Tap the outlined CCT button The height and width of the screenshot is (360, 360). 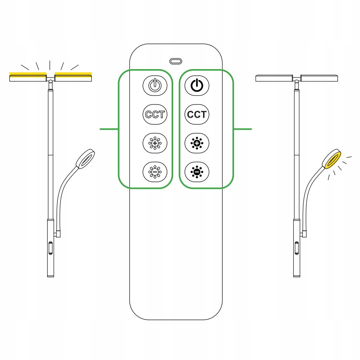pos(155,114)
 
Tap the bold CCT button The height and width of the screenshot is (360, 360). pos(197,114)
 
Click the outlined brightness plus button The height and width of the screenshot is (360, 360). pos(155,143)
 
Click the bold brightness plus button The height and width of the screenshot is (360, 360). pos(197,143)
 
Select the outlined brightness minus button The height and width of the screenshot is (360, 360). pos(155,172)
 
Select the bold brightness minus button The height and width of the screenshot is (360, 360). pos(197,172)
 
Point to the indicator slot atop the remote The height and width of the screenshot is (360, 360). pos(176,61)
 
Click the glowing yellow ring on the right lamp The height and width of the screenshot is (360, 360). pos(332,159)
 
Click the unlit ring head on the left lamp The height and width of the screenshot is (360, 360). pos(85,159)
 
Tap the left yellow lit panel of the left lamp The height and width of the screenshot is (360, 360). pos(28,77)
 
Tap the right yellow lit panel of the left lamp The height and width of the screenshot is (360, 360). pos(73,77)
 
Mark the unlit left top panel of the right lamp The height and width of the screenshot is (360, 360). pos(274,78)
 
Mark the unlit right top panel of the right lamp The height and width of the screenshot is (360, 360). pos(319,78)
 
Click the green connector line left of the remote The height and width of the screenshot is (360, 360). pos(109,129)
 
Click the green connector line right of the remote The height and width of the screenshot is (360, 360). pos(243,129)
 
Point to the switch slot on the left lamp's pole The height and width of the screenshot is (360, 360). pos(50,248)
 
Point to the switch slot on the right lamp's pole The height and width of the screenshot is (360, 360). pos(297,248)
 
